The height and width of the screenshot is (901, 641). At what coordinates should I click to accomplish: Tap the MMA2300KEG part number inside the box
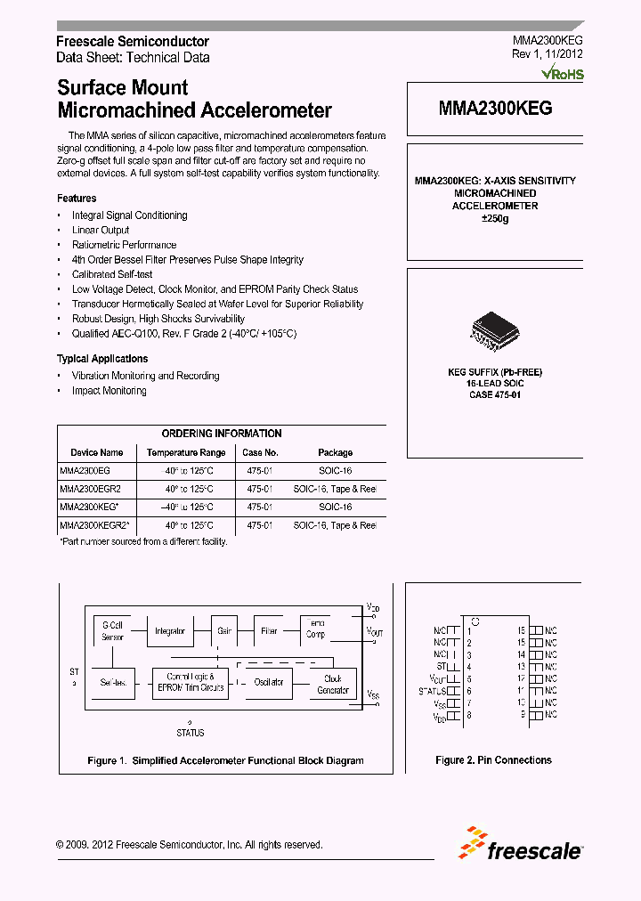495,109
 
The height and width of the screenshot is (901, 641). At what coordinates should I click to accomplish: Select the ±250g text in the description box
495,218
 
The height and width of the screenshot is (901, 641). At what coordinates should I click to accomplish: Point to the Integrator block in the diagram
170,631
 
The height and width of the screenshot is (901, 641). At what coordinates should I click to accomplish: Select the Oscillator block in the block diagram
269,682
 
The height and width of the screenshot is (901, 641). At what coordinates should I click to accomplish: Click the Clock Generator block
333,684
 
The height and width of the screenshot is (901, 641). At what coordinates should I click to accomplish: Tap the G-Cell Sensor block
113,631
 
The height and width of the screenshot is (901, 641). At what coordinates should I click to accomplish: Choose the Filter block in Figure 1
269,630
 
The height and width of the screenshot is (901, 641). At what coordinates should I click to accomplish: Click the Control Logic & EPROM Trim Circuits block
191,682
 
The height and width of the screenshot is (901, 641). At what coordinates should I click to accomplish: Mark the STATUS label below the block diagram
190,733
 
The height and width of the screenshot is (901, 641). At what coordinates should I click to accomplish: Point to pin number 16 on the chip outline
521,629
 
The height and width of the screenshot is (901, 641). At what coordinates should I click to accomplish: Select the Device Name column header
96,452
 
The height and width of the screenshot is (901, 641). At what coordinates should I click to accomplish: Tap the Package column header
335,452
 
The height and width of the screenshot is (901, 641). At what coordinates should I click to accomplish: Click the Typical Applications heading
102,359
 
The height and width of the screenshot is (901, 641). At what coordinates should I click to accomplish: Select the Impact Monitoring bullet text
109,391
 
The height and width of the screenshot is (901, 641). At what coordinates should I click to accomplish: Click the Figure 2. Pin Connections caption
493,760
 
